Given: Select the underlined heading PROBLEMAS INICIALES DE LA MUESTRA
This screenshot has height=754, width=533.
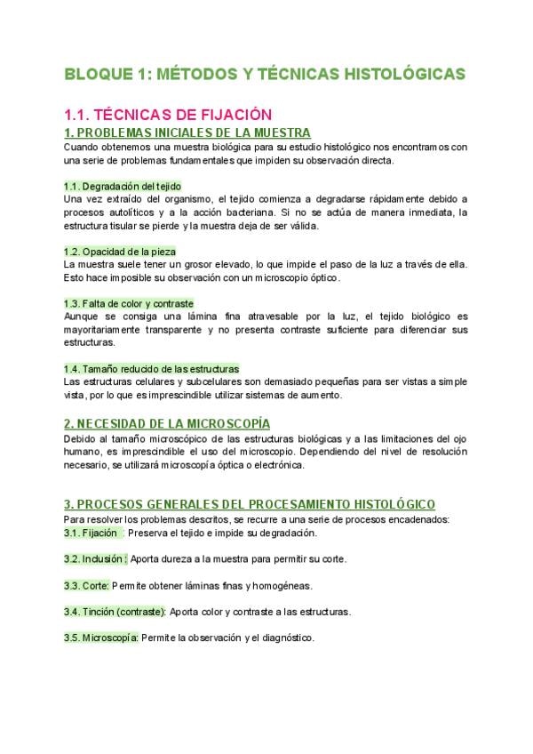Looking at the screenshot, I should pos(174,132).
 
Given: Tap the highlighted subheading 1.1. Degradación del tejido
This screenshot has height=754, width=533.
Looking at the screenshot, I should pos(123,186).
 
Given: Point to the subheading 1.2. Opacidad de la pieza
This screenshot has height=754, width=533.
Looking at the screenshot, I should pos(120,252).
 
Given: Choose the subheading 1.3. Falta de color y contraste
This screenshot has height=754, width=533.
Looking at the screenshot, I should pos(129,303).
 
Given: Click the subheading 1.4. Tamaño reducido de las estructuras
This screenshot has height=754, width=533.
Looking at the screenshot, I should pos(151,368).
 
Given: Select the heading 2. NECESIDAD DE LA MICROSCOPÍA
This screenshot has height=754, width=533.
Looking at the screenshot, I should pos(167,423).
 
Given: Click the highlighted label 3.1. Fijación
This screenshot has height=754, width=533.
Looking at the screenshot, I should pos(91,533).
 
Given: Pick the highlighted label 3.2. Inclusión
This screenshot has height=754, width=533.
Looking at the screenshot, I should pos(95,559).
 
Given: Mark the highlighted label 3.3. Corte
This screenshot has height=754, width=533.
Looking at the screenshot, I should pos(86,586).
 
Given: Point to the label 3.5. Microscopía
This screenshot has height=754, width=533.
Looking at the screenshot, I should pos(101,638).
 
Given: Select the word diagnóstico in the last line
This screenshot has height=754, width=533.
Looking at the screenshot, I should pos(286,638).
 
